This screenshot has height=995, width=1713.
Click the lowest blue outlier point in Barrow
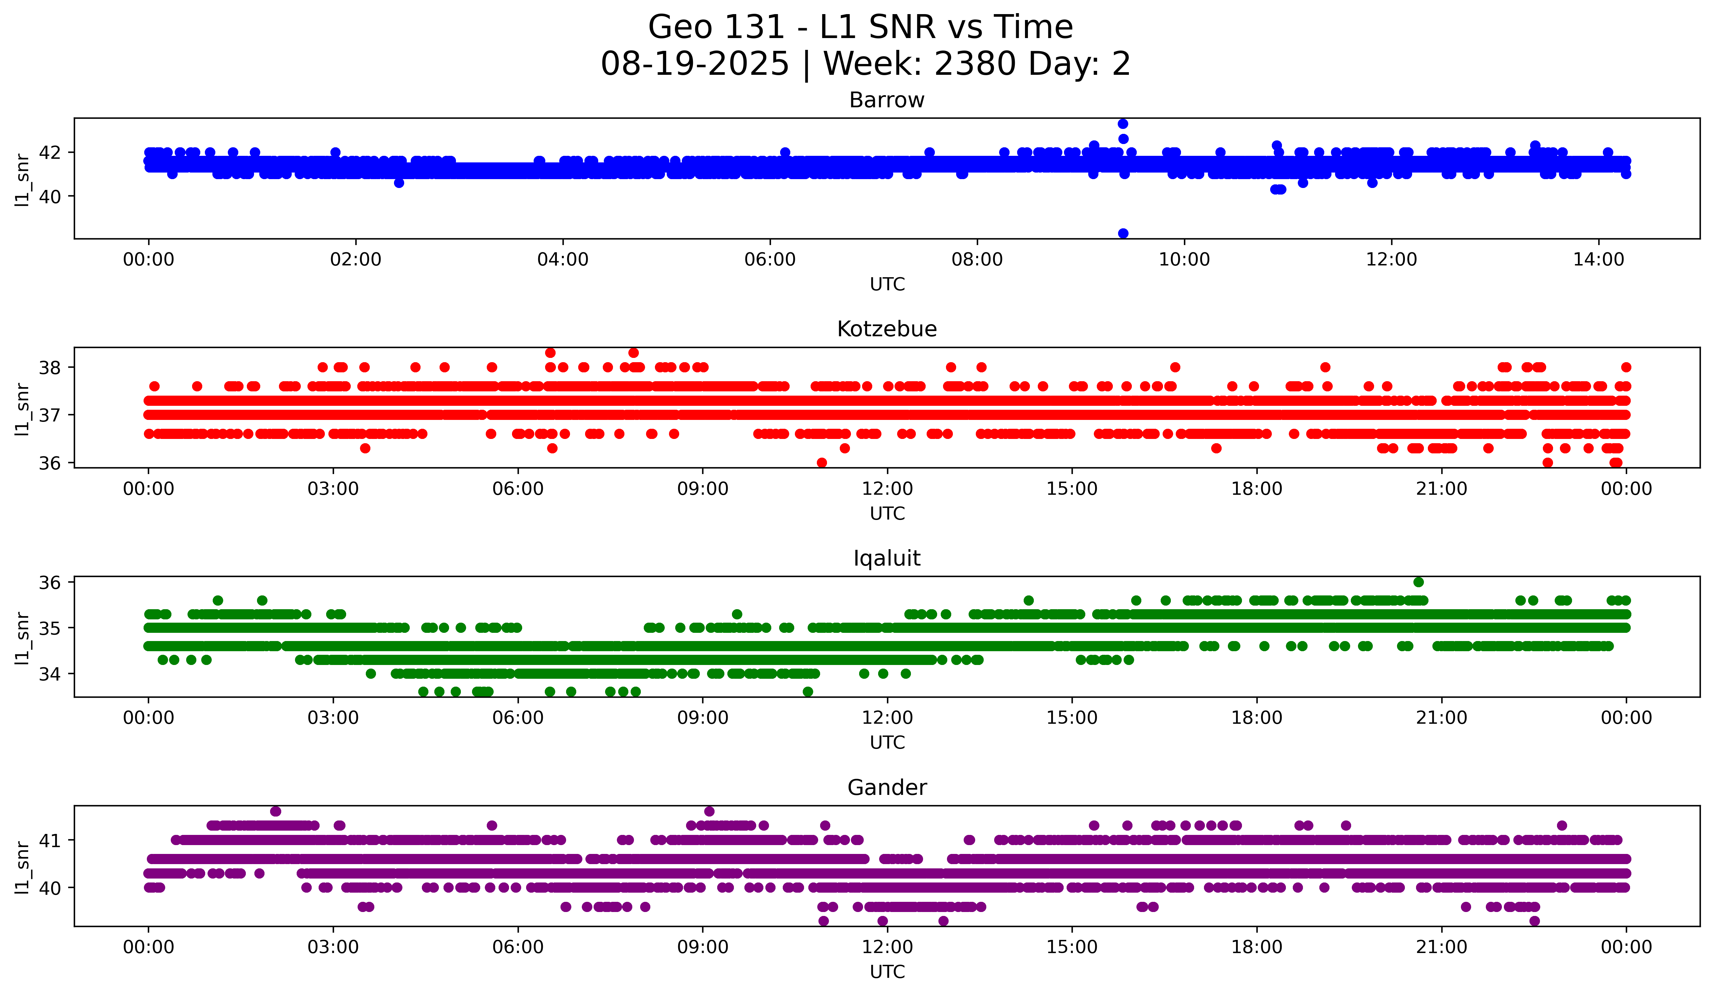tap(1123, 233)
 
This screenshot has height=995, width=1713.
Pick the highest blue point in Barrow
tap(1123, 124)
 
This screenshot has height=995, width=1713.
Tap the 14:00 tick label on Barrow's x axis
tap(1599, 259)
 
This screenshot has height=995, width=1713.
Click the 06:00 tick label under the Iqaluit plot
tap(518, 717)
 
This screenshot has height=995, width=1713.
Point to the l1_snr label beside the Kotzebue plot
tap(22, 409)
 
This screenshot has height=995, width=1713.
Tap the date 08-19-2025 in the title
tap(695, 64)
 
